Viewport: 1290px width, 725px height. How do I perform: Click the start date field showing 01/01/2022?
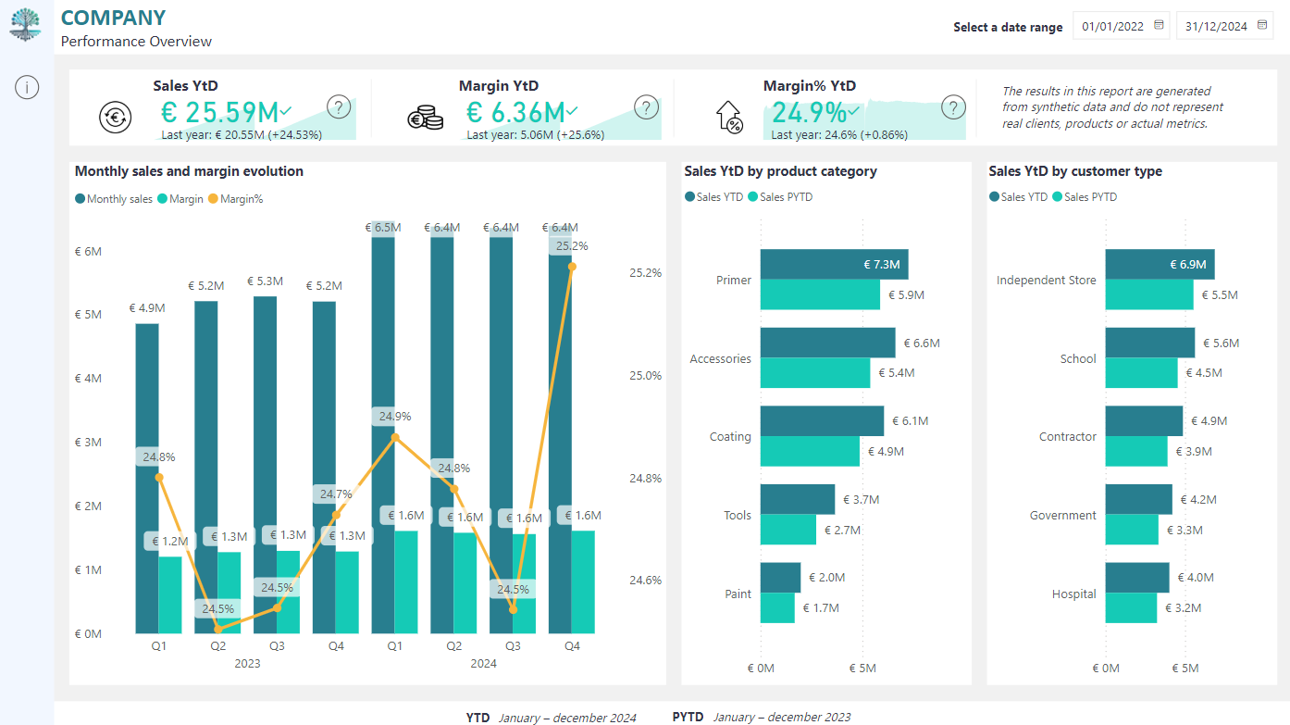(x=1121, y=27)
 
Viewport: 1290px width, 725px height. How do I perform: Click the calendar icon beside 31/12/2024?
(x=1262, y=25)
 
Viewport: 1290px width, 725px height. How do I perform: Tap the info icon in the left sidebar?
(x=27, y=88)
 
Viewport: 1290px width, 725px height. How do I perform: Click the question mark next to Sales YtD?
(x=339, y=107)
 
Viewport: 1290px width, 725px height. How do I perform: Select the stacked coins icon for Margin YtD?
(x=426, y=117)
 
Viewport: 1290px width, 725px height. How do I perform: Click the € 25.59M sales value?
(x=219, y=112)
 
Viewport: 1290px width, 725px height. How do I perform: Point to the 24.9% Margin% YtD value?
(x=809, y=112)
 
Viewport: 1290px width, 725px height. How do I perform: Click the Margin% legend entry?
(x=236, y=199)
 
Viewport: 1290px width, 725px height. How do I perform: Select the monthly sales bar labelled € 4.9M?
(x=147, y=479)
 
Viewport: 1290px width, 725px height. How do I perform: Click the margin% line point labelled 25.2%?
(x=572, y=267)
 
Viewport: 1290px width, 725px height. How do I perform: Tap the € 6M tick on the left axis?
(x=88, y=251)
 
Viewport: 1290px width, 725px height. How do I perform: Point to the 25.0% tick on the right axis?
(x=645, y=376)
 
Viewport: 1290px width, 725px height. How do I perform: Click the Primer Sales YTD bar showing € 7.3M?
(x=834, y=265)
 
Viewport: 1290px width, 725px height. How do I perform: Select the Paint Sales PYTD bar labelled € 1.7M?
(x=777, y=608)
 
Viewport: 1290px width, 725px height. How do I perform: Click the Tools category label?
(x=738, y=515)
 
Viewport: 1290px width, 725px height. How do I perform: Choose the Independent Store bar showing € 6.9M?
(x=1160, y=265)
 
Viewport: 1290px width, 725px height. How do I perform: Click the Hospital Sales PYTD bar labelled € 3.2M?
(x=1131, y=608)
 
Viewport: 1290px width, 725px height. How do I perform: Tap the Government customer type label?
(x=1062, y=515)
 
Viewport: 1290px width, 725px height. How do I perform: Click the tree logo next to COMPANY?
(x=25, y=25)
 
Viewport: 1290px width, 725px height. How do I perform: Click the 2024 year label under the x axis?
(x=483, y=663)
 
